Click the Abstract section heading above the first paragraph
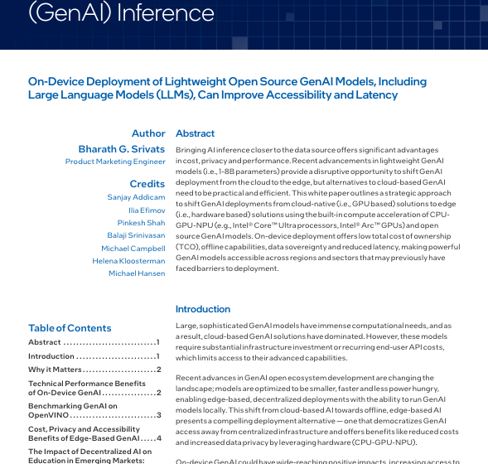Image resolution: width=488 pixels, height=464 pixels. tap(195, 133)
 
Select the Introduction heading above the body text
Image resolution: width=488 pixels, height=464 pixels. tap(202, 309)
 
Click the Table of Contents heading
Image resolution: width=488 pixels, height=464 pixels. tap(70, 328)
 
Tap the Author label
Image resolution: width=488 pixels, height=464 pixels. tap(148, 133)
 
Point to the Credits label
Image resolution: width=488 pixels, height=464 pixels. tap(147, 184)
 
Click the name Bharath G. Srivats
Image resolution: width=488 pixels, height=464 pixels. tap(122, 149)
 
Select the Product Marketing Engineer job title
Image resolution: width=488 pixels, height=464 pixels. tap(115, 162)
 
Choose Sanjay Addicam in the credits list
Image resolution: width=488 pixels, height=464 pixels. tap(136, 197)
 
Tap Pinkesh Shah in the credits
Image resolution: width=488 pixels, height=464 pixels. tap(141, 223)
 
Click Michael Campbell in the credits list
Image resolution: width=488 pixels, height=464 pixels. tap(133, 249)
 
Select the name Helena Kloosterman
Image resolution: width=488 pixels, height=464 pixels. tap(128, 261)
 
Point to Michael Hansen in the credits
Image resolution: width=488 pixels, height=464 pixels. tap(137, 274)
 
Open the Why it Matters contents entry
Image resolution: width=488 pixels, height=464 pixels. tap(54, 370)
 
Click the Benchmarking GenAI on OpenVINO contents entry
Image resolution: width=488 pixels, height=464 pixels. tap(70, 411)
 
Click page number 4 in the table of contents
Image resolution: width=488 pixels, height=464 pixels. tap(158, 438)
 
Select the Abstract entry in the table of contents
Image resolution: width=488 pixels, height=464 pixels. tap(45, 342)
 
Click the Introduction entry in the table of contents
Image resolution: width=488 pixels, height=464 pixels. tap(51, 356)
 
